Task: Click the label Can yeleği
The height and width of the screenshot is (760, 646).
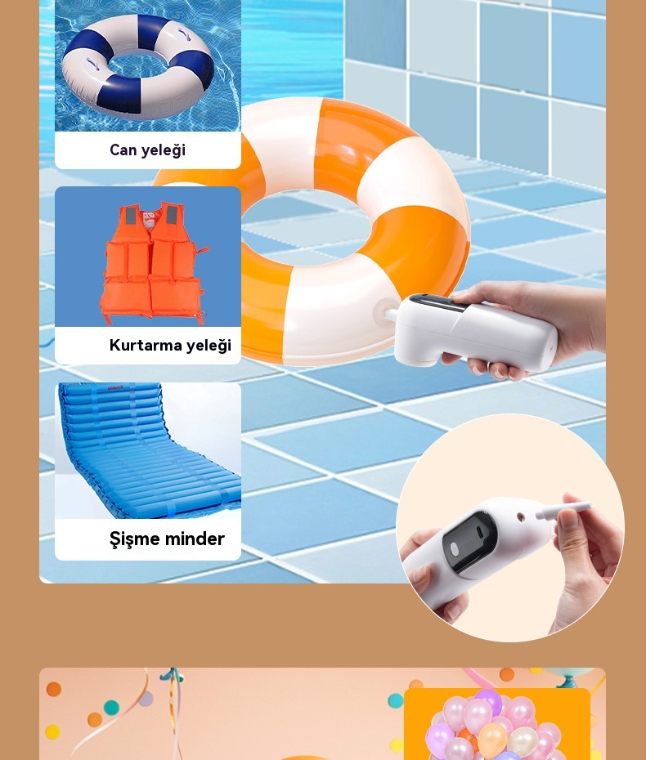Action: click(x=147, y=150)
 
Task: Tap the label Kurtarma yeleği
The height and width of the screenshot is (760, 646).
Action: click(x=170, y=345)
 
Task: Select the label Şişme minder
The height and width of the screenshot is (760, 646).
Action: click(x=167, y=539)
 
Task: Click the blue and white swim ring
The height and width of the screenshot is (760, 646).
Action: click(x=138, y=66)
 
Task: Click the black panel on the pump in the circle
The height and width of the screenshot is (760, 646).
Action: click(x=469, y=542)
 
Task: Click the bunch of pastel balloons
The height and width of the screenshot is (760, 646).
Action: click(x=494, y=726)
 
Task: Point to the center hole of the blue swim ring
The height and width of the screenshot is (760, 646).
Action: click(x=138, y=65)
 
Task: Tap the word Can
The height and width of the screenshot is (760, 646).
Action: click(x=123, y=150)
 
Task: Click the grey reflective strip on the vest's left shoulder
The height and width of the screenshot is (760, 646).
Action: click(x=131, y=216)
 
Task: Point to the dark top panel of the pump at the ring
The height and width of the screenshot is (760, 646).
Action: click(x=439, y=302)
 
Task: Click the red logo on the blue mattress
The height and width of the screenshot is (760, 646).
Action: click(x=115, y=387)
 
